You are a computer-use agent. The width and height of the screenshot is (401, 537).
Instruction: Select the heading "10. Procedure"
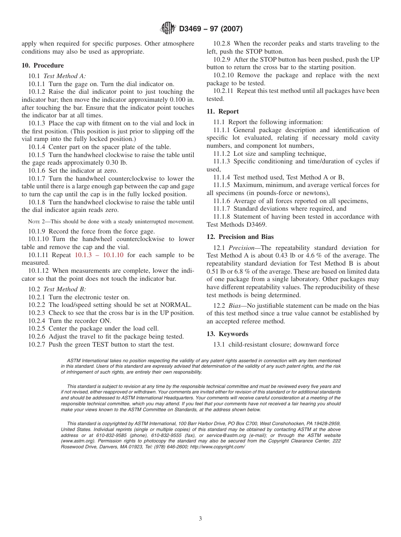click(x=43, y=65)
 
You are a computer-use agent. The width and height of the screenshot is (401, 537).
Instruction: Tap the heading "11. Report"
click(x=222, y=111)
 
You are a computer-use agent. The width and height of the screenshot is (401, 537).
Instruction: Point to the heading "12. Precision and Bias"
click(x=240, y=237)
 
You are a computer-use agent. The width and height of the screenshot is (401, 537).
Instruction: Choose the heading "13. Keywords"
click(x=227, y=334)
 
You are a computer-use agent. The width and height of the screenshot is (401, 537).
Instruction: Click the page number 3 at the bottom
click(x=200, y=519)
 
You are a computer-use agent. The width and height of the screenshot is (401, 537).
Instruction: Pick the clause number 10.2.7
click(x=37, y=344)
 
